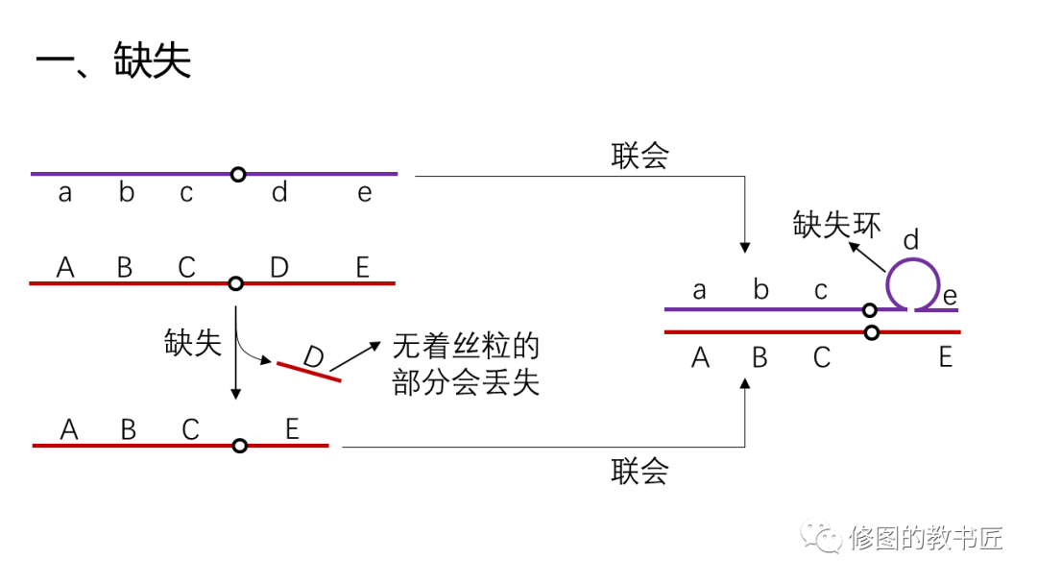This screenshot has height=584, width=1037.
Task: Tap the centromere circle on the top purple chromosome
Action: click(x=238, y=174)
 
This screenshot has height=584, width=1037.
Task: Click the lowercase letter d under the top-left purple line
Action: click(x=279, y=193)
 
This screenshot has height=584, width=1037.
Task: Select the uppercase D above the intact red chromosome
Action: click(x=279, y=267)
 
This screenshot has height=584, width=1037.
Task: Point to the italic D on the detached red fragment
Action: click(x=313, y=356)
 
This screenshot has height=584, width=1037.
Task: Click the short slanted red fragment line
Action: click(x=309, y=372)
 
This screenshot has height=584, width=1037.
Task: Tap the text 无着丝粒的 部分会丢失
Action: click(x=466, y=365)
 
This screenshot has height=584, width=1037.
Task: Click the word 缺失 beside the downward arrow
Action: click(x=193, y=343)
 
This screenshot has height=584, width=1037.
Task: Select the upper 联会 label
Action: click(x=639, y=157)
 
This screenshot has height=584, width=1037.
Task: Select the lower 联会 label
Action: click(x=639, y=472)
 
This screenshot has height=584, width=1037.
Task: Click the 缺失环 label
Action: click(x=836, y=225)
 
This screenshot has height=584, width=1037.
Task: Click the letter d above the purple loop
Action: click(x=911, y=238)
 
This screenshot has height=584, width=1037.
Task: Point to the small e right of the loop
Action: click(x=950, y=295)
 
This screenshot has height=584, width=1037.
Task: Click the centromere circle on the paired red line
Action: click(x=872, y=332)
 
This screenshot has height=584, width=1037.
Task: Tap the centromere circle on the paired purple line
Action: click(x=869, y=309)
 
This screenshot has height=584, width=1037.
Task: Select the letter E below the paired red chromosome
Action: click(x=946, y=357)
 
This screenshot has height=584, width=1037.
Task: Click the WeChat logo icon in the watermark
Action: click(x=823, y=537)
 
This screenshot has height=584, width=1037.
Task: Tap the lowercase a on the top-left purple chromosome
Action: click(x=65, y=193)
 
